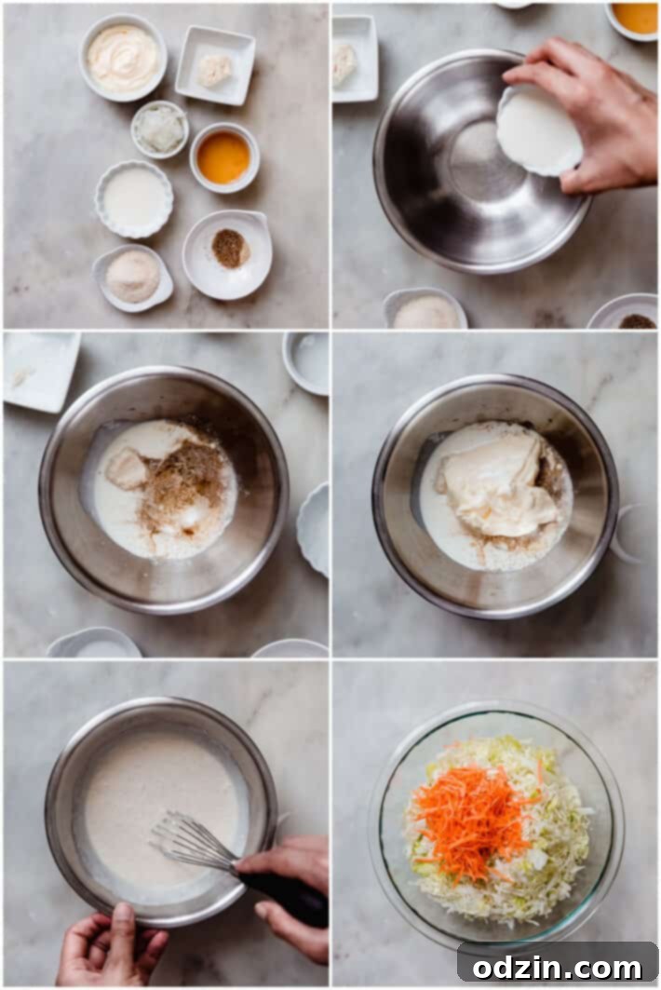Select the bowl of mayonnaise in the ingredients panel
(x=123, y=58)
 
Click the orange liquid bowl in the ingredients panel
(x=224, y=157)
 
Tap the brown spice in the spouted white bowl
(x=229, y=248)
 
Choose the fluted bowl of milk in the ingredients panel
(x=134, y=198)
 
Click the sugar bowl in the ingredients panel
(x=132, y=277)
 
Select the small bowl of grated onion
(x=159, y=129)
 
